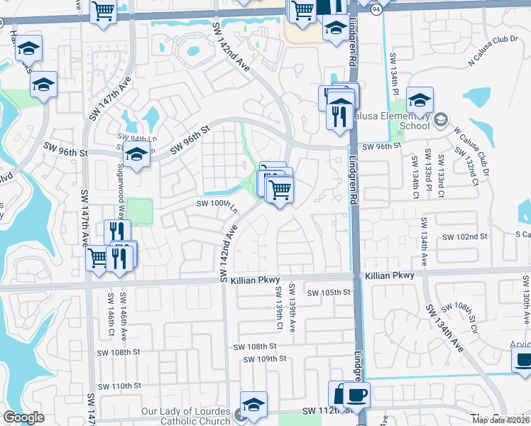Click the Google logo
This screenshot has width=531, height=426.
(x=23, y=417)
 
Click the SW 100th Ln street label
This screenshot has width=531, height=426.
(x=216, y=204)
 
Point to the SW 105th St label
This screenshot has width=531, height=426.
(x=329, y=292)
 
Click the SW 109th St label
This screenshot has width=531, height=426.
(x=264, y=359)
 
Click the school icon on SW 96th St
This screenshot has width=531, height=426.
(x=136, y=153)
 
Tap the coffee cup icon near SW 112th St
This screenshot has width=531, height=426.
(x=356, y=394)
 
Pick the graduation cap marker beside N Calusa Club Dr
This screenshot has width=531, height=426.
(x=420, y=99)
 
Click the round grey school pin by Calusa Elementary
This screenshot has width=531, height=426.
(x=440, y=119)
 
